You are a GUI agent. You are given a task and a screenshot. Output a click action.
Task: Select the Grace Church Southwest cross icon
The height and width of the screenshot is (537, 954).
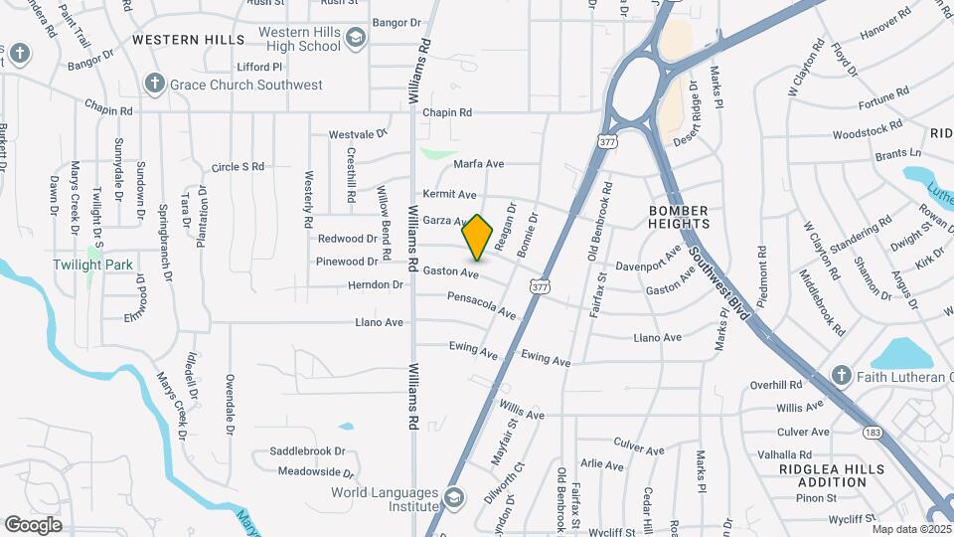tap(154, 85)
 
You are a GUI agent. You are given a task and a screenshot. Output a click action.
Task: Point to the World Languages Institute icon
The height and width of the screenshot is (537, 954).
tap(453, 497)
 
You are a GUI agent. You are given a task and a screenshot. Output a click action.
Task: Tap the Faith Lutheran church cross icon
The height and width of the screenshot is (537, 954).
tap(842, 376)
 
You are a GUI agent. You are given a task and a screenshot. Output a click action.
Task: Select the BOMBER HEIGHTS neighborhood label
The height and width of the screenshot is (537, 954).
tap(679, 218)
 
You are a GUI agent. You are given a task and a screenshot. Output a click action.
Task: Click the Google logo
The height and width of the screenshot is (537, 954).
tap(34, 524)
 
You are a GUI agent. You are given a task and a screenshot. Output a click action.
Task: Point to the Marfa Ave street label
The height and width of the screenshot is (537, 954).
tap(479, 164)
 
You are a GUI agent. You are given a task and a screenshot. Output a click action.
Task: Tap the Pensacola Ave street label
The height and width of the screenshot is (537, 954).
tap(481, 304)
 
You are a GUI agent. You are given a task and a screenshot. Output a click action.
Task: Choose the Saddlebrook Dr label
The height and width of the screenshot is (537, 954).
tap(307, 451)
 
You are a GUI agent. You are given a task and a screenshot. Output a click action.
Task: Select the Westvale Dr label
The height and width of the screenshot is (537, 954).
tap(358, 134)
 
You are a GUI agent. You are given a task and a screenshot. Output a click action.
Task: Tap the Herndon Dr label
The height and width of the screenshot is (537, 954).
tap(376, 285)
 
